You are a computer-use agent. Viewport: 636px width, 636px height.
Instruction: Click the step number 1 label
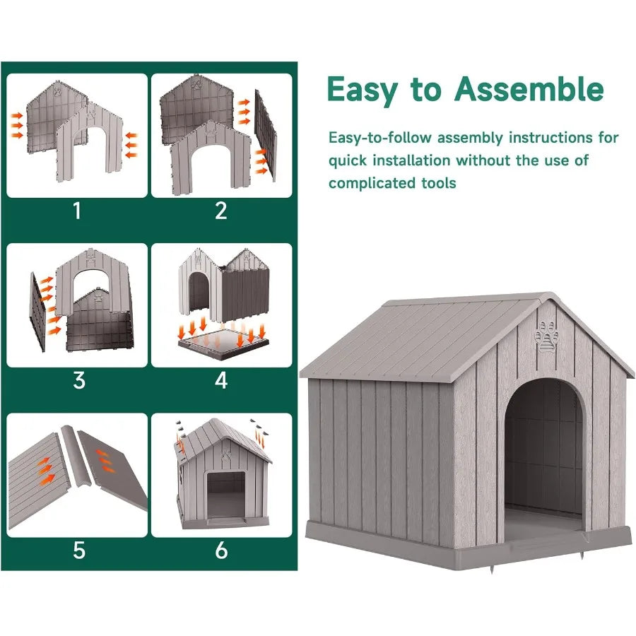[78, 211]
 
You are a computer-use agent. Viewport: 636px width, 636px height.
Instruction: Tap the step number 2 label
[221, 211]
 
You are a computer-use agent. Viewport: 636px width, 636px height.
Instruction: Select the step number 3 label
[78, 381]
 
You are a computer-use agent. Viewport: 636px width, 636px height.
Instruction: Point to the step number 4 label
[221, 381]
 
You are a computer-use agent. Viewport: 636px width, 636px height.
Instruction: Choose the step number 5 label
[78, 550]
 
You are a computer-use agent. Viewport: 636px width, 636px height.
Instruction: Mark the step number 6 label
[221, 550]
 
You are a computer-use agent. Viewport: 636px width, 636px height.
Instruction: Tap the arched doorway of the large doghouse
[543, 452]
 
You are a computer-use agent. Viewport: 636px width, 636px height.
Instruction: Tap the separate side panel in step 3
[37, 311]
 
